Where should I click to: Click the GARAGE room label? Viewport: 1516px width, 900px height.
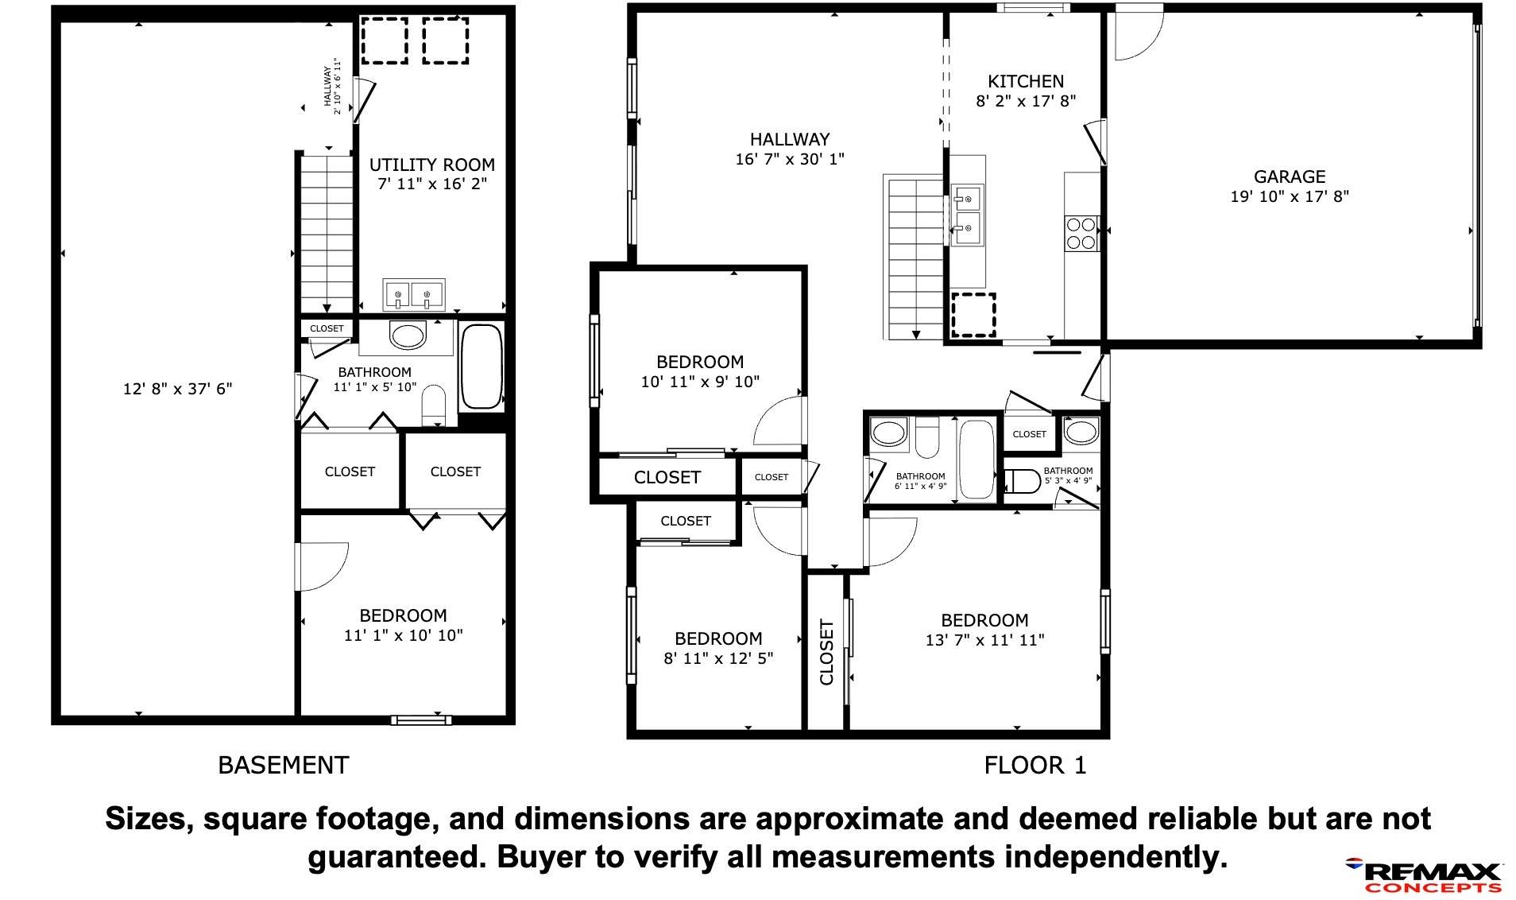(1289, 177)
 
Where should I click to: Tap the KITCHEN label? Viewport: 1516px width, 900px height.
(1025, 81)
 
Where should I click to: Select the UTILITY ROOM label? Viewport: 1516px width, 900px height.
(431, 165)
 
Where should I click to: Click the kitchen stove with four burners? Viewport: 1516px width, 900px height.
(1081, 234)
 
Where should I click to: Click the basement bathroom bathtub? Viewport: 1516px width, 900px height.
(481, 367)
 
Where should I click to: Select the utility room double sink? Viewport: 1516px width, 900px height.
(413, 294)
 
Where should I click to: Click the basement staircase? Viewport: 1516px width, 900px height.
(326, 233)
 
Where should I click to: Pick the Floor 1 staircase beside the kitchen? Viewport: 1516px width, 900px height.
(914, 258)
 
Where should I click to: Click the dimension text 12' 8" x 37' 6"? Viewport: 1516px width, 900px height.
(177, 389)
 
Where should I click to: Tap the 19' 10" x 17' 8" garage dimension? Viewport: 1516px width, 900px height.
(1290, 196)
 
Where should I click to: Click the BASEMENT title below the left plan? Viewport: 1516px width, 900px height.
(283, 765)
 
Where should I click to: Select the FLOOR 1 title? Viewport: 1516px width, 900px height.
(1035, 765)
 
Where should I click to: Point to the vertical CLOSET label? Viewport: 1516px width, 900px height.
(826, 652)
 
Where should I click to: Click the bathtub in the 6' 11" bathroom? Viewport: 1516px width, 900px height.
(977, 460)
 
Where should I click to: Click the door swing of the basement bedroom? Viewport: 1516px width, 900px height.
(323, 567)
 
